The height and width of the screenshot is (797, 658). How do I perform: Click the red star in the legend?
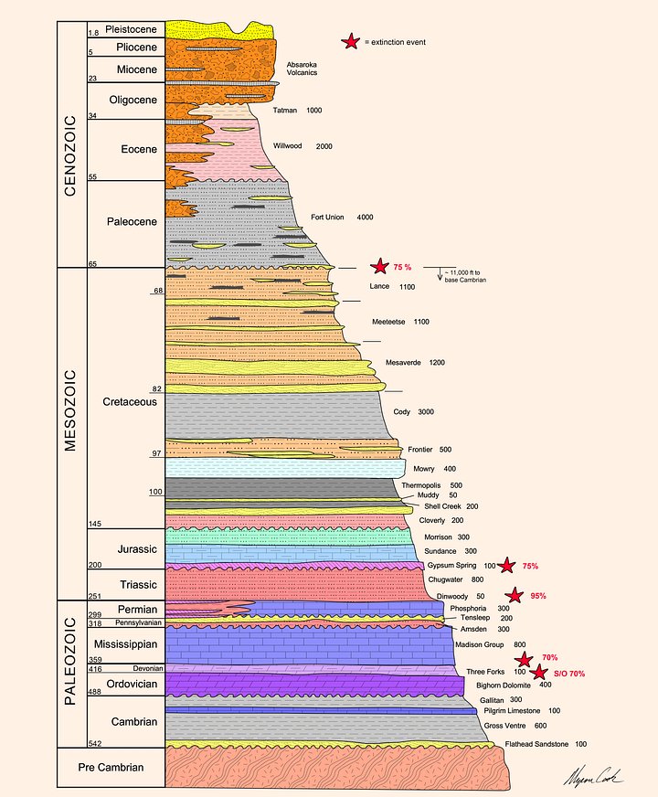(351, 42)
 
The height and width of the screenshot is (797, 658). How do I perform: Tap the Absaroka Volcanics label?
(302, 69)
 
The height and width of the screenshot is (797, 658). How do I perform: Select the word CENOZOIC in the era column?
(69, 156)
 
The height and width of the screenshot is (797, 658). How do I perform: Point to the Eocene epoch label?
(139, 150)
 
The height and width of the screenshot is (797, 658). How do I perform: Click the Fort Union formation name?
(327, 217)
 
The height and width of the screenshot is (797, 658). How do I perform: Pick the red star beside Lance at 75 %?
(379, 266)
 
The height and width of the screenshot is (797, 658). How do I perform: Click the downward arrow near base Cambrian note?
(440, 274)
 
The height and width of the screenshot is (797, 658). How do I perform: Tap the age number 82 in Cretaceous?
(156, 388)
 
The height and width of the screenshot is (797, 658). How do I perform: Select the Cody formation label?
(401, 411)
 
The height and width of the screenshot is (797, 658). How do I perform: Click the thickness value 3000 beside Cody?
(426, 411)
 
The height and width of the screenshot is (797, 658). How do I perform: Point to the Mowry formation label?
(424, 469)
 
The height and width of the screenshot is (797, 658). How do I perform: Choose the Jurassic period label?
(137, 549)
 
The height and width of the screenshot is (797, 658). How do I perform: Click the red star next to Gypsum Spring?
(506, 565)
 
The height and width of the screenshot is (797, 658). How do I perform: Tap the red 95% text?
(538, 596)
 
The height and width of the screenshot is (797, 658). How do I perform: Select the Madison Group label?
(479, 644)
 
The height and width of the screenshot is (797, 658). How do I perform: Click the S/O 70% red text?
(569, 674)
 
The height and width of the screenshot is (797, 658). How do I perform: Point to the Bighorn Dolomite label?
(503, 685)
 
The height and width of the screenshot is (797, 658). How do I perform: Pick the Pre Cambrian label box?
(111, 768)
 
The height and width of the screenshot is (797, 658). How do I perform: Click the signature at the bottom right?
(592, 775)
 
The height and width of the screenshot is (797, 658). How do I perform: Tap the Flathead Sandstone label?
(536, 744)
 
